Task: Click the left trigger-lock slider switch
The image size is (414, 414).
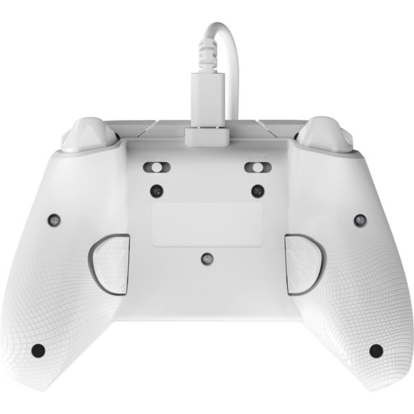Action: [x=155, y=168]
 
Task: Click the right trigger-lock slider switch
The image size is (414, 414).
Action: [x=257, y=168]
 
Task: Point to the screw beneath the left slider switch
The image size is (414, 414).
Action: [x=157, y=190]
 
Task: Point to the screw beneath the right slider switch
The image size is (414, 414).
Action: [x=258, y=190]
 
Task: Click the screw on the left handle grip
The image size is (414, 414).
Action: [x=52, y=220]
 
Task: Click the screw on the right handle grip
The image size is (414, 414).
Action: [x=359, y=220]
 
